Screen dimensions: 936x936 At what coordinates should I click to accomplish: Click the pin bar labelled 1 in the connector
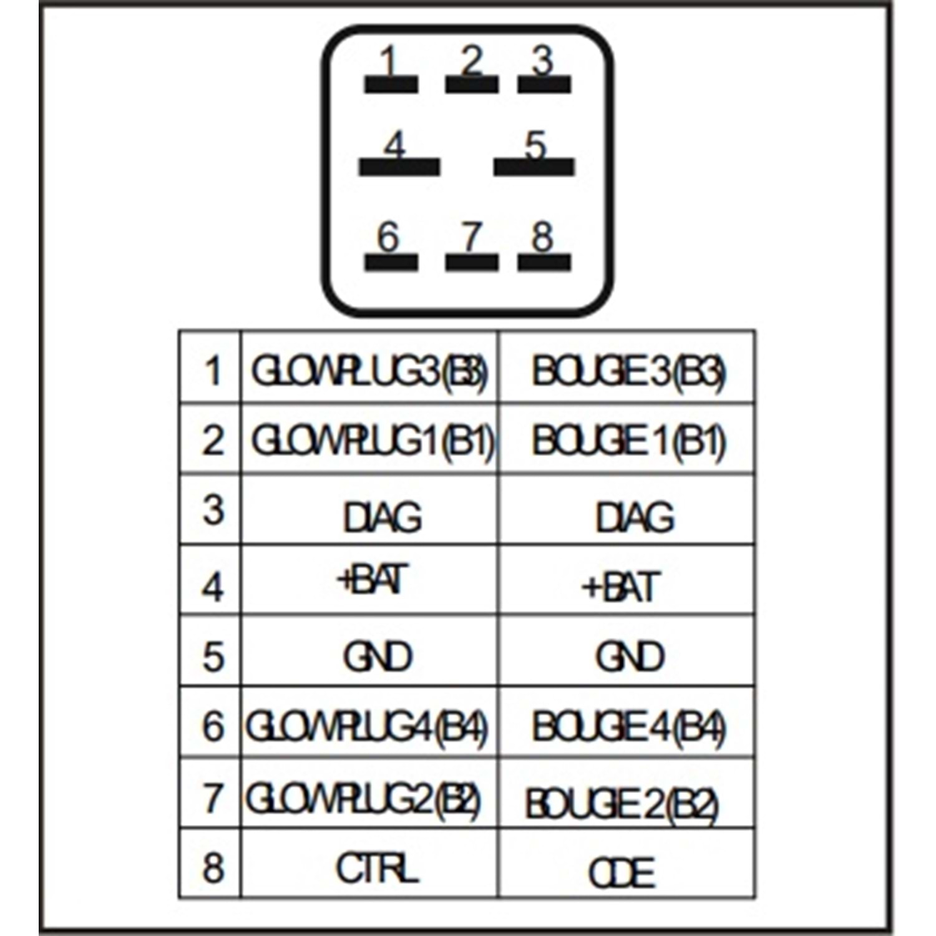(391, 84)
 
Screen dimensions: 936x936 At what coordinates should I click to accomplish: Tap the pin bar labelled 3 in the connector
(544, 84)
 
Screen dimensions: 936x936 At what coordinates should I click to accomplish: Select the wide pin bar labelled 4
(399, 167)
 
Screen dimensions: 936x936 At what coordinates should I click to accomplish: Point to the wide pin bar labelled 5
(534, 167)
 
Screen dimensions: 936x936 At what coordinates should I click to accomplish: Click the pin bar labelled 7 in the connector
(472, 262)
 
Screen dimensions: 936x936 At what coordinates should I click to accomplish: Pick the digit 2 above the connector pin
(472, 61)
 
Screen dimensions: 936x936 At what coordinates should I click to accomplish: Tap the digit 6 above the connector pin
(388, 237)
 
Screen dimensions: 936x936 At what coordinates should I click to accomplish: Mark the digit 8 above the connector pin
(542, 237)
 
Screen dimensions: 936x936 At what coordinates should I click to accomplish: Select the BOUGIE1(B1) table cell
(628, 441)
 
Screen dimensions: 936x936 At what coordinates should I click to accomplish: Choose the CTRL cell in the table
(376, 868)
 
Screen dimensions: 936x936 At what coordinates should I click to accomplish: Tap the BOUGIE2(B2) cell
(622, 804)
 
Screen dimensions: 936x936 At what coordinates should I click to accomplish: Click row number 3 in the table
(213, 510)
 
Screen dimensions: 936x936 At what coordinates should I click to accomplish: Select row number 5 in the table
(213, 656)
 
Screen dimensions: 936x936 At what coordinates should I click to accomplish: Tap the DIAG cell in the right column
(634, 517)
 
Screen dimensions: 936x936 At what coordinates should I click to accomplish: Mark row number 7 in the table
(213, 797)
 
